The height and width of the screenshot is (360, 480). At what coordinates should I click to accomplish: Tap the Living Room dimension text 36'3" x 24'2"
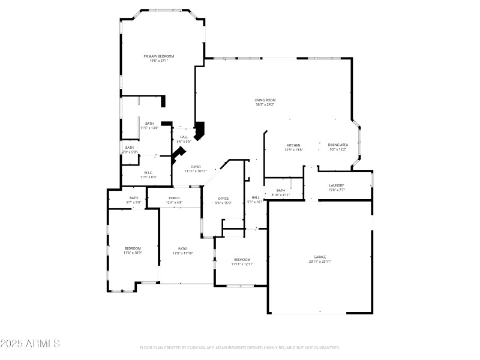[x=265, y=105]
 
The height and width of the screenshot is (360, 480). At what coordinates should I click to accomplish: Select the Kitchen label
[x=293, y=145]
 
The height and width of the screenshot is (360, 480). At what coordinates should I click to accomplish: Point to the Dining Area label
[x=338, y=145]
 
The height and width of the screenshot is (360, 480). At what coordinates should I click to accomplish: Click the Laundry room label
[x=336, y=185]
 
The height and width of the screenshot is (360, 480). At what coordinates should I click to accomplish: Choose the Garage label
[x=320, y=257]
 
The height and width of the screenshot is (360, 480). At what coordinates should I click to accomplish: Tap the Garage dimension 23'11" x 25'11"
[x=320, y=262]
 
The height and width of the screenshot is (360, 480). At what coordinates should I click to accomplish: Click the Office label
[x=223, y=198]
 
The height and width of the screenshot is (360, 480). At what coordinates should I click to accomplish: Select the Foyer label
[x=196, y=166]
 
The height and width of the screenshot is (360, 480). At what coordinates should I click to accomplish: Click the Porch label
[x=174, y=198]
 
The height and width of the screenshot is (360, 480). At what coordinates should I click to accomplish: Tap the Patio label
[x=183, y=248]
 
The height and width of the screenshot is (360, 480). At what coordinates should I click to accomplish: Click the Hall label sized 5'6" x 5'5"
[x=184, y=137]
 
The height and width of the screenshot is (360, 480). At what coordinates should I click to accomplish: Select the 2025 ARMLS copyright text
[x=30, y=344]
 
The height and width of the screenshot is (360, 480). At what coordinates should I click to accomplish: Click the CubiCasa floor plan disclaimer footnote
[x=240, y=348]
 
